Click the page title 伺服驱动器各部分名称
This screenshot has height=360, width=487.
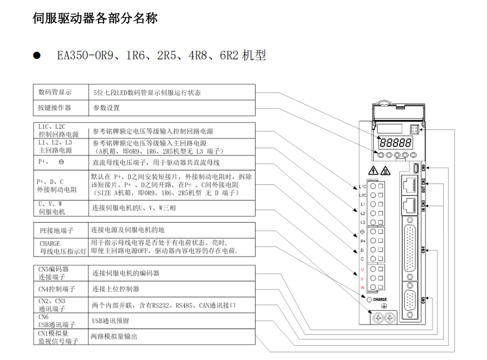(x=95, y=18)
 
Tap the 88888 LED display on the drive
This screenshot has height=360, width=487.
(x=395, y=143)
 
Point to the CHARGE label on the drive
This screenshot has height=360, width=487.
(x=380, y=300)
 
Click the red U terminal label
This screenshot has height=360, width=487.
(x=362, y=269)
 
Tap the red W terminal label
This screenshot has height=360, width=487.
(x=362, y=288)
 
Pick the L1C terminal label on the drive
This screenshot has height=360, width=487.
(x=362, y=187)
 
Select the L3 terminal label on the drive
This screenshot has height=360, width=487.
(x=362, y=223)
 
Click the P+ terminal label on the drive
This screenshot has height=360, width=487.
(x=363, y=241)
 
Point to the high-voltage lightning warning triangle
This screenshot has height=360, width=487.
(x=373, y=171)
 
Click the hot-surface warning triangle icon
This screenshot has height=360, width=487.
(x=385, y=171)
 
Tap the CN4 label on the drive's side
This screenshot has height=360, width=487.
(x=423, y=250)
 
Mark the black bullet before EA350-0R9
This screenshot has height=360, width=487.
(x=36, y=56)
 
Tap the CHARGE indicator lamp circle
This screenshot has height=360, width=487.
(x=369, y=300)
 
